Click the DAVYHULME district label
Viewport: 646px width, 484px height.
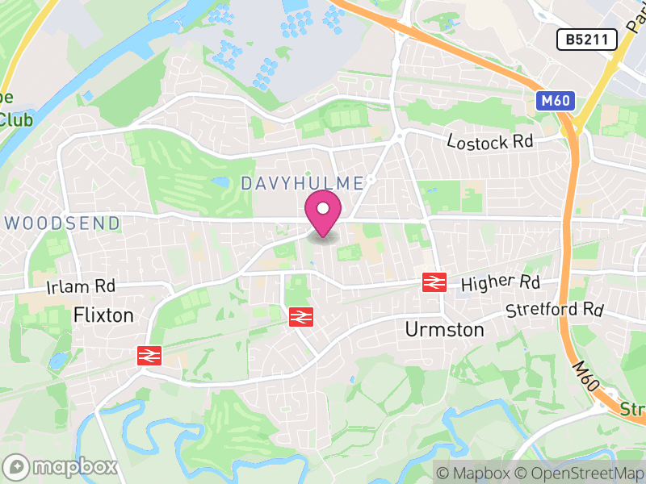(x=302, y=184)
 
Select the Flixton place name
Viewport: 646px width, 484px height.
(x=103, y=315)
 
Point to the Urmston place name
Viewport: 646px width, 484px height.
(x=444, y=330)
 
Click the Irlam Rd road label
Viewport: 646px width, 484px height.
(x=81, y=286)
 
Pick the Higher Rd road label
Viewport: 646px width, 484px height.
(x=500, y=283)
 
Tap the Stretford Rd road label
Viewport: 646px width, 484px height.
(x=555, y=310)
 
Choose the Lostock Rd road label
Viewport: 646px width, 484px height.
(x=491, y=142)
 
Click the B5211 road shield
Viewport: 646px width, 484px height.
(x=587, y=39)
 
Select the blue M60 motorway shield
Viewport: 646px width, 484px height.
(x=549, y=101)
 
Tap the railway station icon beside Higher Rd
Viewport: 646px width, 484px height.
(x=434, y=282)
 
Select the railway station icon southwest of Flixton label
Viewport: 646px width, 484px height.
(x=149, y=355)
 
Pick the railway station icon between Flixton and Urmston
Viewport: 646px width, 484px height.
(x=300, y=317)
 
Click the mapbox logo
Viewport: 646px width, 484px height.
(x=61, y=466)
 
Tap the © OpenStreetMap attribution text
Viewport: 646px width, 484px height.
(x=579, y=473)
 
